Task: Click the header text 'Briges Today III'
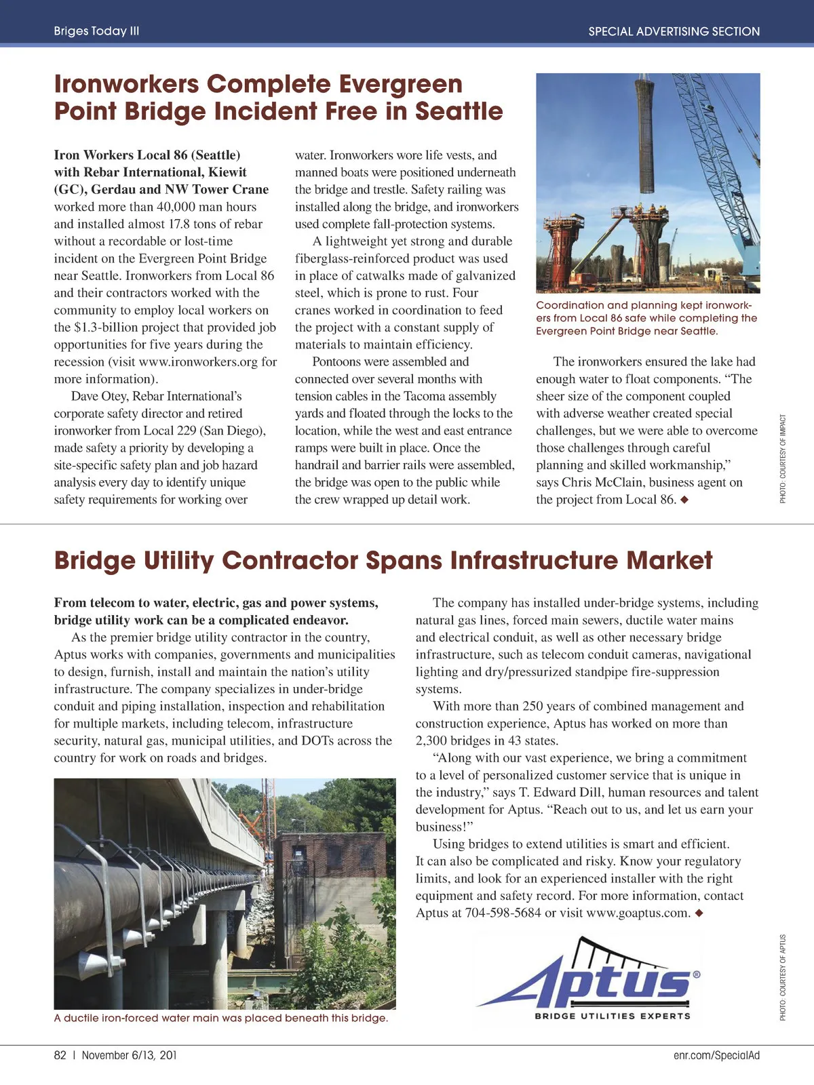(96, 31)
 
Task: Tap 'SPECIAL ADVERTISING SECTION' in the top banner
(674, 31)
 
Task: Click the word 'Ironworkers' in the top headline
(126, 85)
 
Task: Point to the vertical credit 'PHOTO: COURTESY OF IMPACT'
(783, 458)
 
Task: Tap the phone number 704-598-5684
(503, 913)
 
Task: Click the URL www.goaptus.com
(638, 913)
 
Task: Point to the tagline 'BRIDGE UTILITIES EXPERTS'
(612, 1016)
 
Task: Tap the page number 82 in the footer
(60, 1055)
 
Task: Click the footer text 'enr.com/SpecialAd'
(716, 1055)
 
